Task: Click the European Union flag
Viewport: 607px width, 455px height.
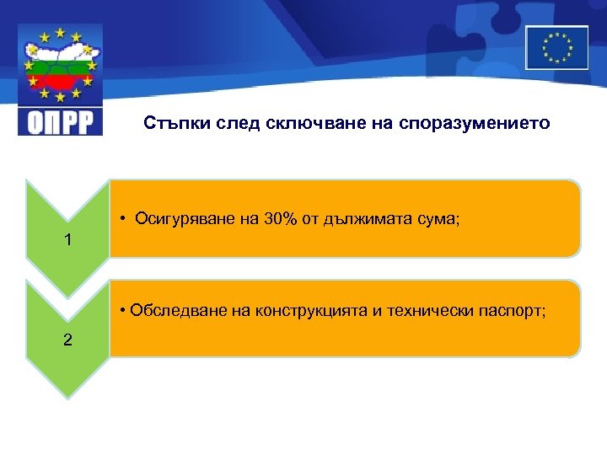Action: (x=556, y=47)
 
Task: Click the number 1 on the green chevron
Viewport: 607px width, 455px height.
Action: (x=68, y=240)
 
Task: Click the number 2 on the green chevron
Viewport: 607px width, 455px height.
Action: (x=68, y=340)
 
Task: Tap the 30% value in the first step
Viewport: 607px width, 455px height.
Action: (x=280, y=220)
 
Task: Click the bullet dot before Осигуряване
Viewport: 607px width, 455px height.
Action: (x=123, y=220)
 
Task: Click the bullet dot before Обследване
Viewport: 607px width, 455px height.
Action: (x=123, y=311)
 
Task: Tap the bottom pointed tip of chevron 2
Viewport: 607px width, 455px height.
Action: (x=68, y=394)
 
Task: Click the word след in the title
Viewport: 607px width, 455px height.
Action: (x=239, y=123)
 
